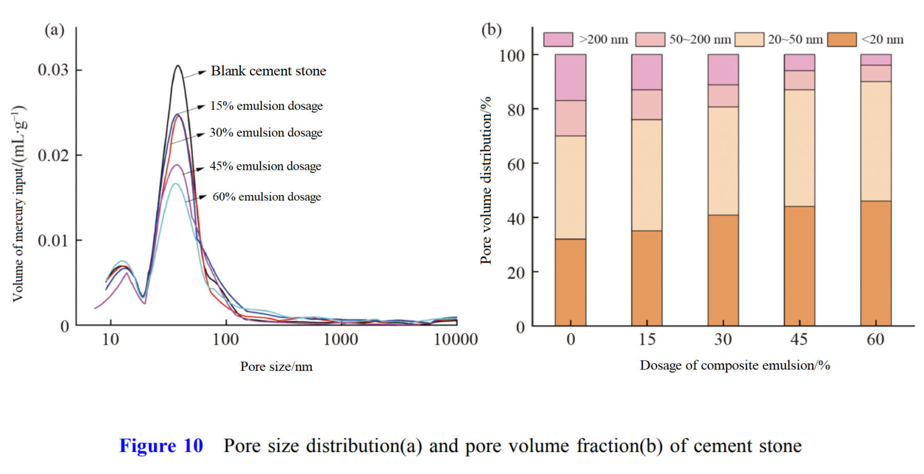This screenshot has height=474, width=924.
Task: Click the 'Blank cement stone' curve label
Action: pos(268,71)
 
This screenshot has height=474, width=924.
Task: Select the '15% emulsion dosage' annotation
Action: pos(266,106)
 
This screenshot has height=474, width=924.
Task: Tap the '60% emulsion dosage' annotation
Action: pos(266,196)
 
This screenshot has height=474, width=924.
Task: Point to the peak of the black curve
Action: pos(178,66)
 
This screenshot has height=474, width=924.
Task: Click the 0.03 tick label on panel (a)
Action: pos(53,70)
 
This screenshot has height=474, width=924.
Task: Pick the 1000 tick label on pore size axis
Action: pos(340,339)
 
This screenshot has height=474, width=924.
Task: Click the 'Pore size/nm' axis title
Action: pos(276,366)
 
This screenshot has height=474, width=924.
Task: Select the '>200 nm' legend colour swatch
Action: pos(558,39)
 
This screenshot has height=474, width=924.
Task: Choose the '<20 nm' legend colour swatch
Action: pos(842,39)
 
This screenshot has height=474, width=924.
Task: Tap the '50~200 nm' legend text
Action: pos(700,39)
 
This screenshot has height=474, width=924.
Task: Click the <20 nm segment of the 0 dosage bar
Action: pos(570,282)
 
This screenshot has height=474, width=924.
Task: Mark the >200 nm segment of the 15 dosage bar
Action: pos(647,72)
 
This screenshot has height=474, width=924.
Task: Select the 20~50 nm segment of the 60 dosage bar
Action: pos(876,141)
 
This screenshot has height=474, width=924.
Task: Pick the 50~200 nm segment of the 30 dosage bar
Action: pos(723,96)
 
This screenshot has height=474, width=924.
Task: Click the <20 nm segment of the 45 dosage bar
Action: pos(799,266)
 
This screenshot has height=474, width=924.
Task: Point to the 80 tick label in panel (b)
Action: pos(515,110)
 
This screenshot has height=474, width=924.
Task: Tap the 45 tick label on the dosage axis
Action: pos(799,339)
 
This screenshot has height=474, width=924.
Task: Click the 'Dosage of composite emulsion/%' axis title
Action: pos(735,365)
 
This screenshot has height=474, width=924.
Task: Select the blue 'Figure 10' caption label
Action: pos(161,446)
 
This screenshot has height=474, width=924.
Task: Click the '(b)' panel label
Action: pos(491,30)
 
